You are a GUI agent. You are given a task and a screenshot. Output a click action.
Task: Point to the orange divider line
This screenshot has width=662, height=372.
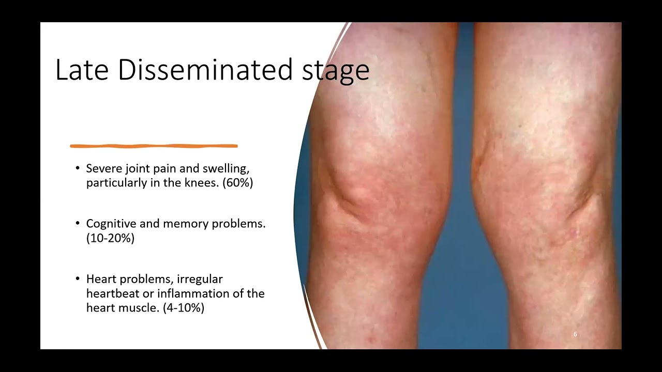pos(154,146)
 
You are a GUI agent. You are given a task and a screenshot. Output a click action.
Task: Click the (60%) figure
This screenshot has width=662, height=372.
pos(238,183)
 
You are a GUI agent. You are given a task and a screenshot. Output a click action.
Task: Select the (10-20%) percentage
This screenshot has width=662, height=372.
pos(110,239)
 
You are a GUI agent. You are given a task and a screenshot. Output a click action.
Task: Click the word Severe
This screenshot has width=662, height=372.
pos(101,168)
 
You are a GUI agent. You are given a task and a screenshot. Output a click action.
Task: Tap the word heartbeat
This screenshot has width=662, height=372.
pos(110,293)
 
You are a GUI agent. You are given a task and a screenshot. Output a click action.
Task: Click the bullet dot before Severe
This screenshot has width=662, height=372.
pos(78,168)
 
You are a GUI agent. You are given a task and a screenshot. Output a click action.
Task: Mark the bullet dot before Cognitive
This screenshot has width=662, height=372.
pos(78,224)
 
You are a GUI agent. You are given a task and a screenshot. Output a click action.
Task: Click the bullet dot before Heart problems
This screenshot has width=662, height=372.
pos(78,279)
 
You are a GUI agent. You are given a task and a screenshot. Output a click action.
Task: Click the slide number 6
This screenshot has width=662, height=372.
pos(575,335)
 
